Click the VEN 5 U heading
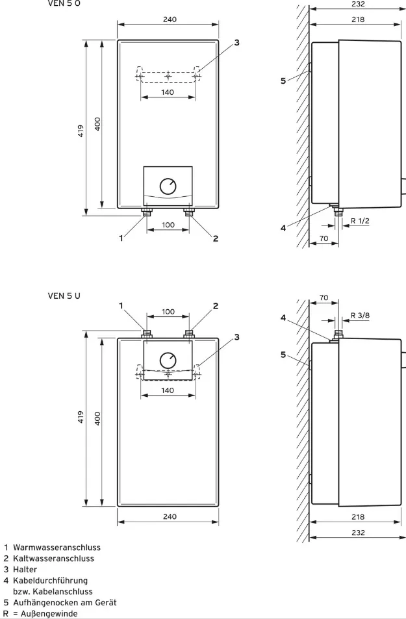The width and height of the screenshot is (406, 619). coord(64,296)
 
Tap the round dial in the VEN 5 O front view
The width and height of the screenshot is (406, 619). coord(168,186)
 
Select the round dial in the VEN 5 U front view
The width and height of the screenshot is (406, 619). coord(168,360)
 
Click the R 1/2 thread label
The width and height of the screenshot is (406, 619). coord(360,221)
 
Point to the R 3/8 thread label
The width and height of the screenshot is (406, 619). coord(360,316)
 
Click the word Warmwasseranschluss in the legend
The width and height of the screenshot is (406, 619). coord(57,548)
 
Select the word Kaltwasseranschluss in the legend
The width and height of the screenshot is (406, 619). coord(54,559)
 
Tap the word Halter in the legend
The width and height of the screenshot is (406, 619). coord(25,570)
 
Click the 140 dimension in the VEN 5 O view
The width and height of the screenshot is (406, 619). coord(168,92)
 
